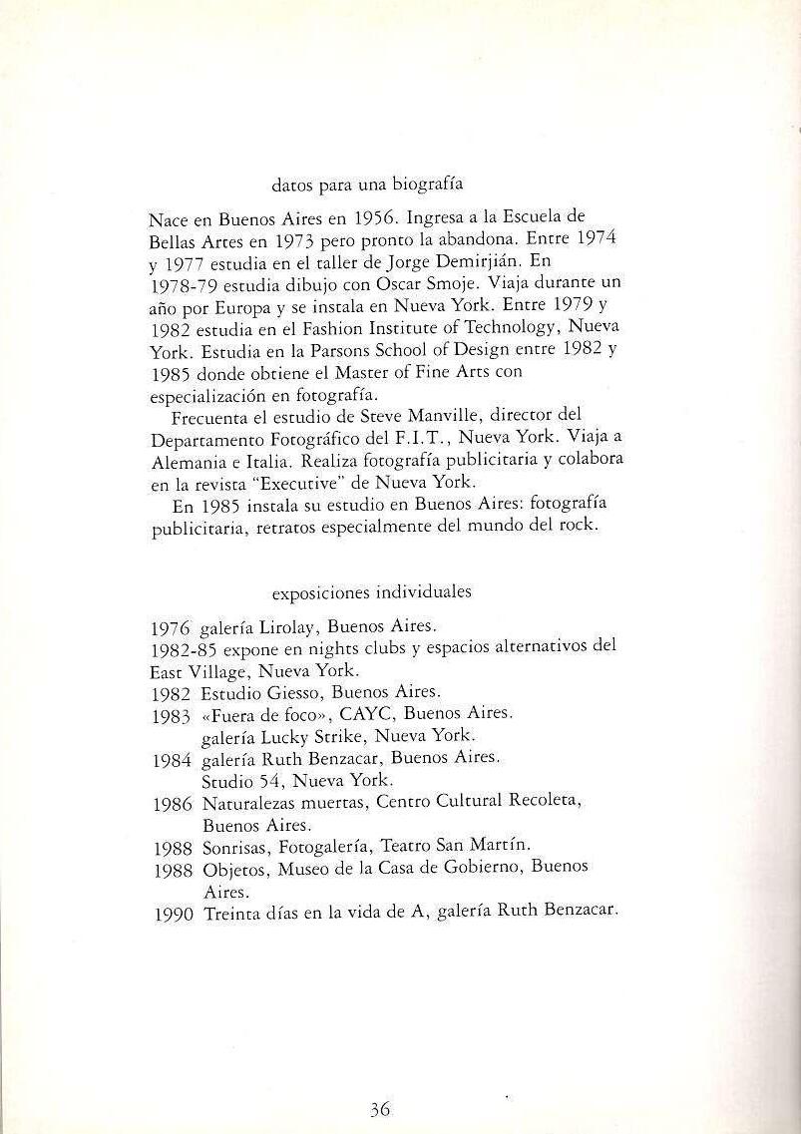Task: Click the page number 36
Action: (x=379, y=1108)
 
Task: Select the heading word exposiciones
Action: (x=321, y=591)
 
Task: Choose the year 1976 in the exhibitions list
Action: (x=171, y=629)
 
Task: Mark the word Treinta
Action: (x=231, y=913)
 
